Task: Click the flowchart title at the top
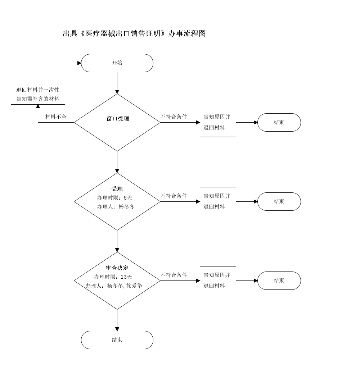point(134,34)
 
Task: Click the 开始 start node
point(117,63)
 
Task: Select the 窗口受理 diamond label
point(118,119)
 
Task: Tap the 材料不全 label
point(55,117)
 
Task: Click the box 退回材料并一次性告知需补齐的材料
point(38,94)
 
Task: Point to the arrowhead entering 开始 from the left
point(79,63)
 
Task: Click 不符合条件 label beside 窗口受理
point(174,117)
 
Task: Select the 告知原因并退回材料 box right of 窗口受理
point(218,122)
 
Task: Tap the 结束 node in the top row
point(279,122)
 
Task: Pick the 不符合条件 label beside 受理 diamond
point(174,196)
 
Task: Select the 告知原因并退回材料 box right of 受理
point(218,201)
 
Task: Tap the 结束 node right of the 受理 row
point(279,201)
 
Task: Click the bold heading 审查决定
point(117,268)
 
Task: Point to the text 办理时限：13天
point(113,277)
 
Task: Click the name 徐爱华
point(134,286)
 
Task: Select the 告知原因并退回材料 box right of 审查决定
point(218,280)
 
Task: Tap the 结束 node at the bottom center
point(117,340)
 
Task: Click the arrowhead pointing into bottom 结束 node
point(117,329)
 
